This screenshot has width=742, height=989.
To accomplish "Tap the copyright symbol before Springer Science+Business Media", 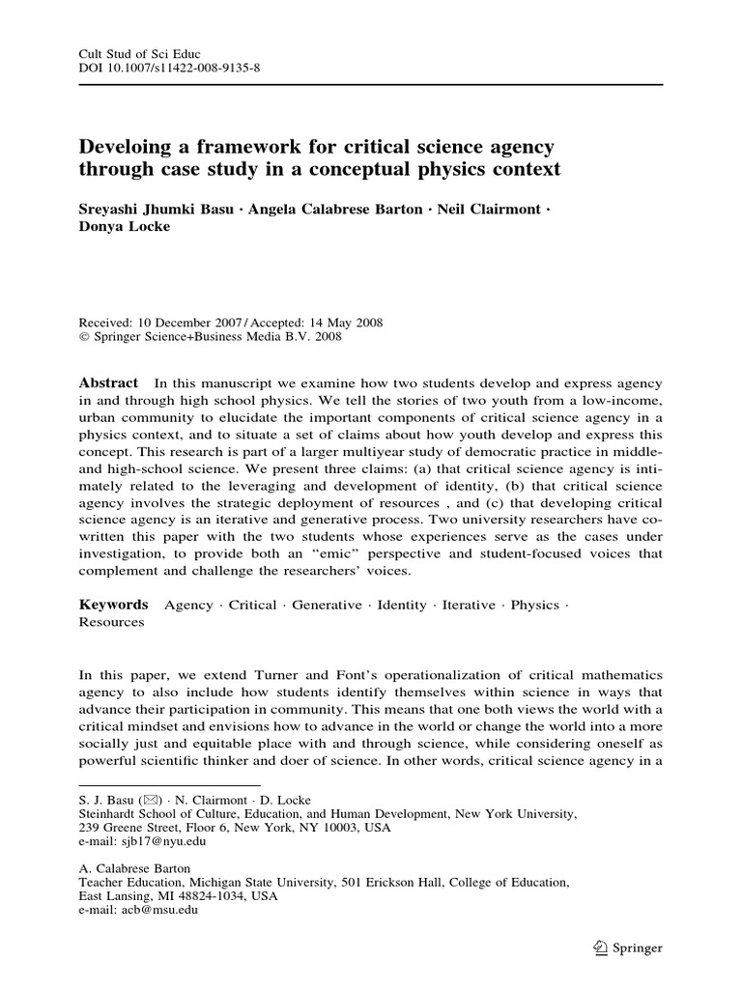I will click(x=82, y=337).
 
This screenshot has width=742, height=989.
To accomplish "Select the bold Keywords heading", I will click(x=113, y=605).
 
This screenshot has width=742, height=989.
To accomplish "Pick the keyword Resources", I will click(x=111, y=623).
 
